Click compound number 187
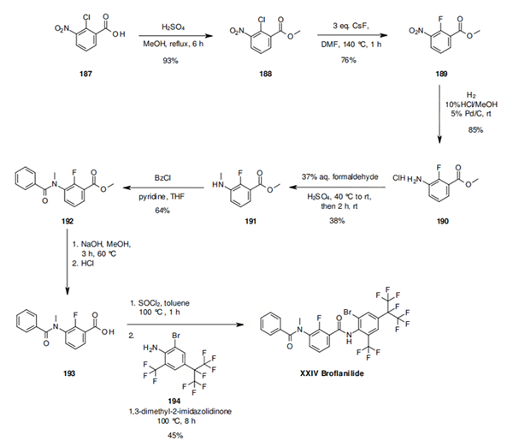[x=85, y=74]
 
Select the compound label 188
[x=265, y=74]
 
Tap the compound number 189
[x=441, y=74]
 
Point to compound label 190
[x=442, y=221]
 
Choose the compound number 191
[x=251, y=221]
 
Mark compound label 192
[x=67, y=221]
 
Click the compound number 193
[x=69, y=373]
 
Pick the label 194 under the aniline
[x=174, y=401]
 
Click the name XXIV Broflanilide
[x=332, y=373]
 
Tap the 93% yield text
[x=170, y=61]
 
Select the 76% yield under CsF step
[x=349, y=60]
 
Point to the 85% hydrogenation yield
[x=475, y=130]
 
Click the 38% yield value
[x=337, y=221]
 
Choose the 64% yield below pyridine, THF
[x=162, y=211]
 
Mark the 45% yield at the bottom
[x=175, y=436]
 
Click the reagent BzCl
[x=162, y=178]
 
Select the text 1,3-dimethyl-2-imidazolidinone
[x=180, y=411]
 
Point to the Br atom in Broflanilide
[x=347, y=312]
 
